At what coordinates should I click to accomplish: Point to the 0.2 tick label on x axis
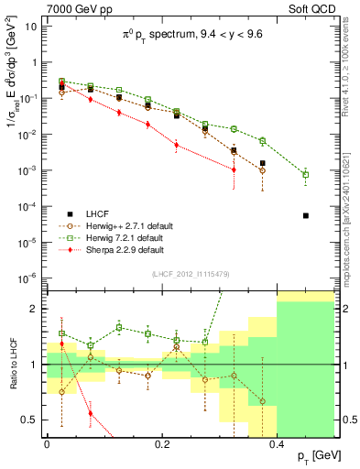(x=161, y=443)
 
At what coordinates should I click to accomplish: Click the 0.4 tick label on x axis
(x=277, y=443)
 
